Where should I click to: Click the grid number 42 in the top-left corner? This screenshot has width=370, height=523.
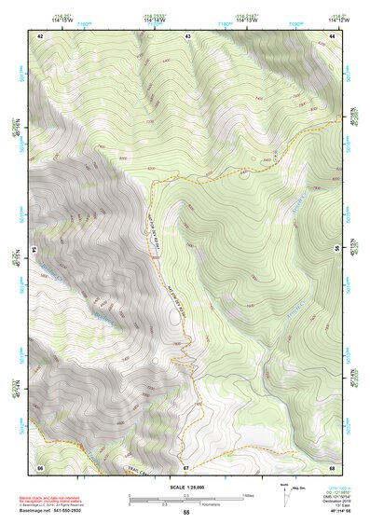(40, 35)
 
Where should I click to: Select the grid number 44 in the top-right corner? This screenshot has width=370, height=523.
(333, 35)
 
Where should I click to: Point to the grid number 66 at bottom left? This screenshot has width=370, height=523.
(40, 466)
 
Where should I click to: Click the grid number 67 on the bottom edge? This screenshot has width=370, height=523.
(185, 466)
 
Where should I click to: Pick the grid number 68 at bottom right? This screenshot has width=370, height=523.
(333, 466)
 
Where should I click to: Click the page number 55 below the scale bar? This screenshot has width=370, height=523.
(185, 513)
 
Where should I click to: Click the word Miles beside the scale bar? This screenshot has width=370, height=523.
(247, 495)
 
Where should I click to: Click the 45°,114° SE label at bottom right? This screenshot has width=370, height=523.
(337, 511)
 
